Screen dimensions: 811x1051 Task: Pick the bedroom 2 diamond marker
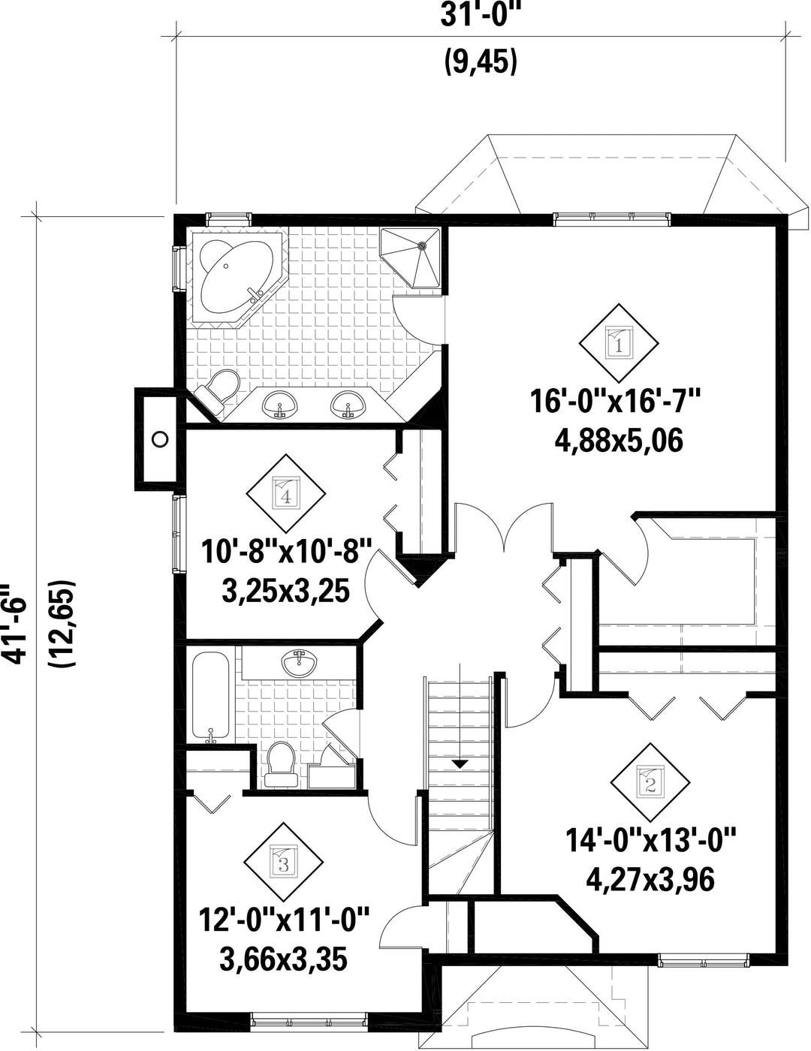coord(650,782)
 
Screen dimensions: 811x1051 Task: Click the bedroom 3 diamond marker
coord(283,863)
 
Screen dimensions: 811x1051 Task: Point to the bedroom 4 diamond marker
coord(286,494)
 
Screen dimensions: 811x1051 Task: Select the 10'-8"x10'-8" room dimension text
coord(286,552)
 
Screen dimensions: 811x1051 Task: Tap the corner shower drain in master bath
coord(423,245)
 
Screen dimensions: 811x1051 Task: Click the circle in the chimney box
coord(160,439)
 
